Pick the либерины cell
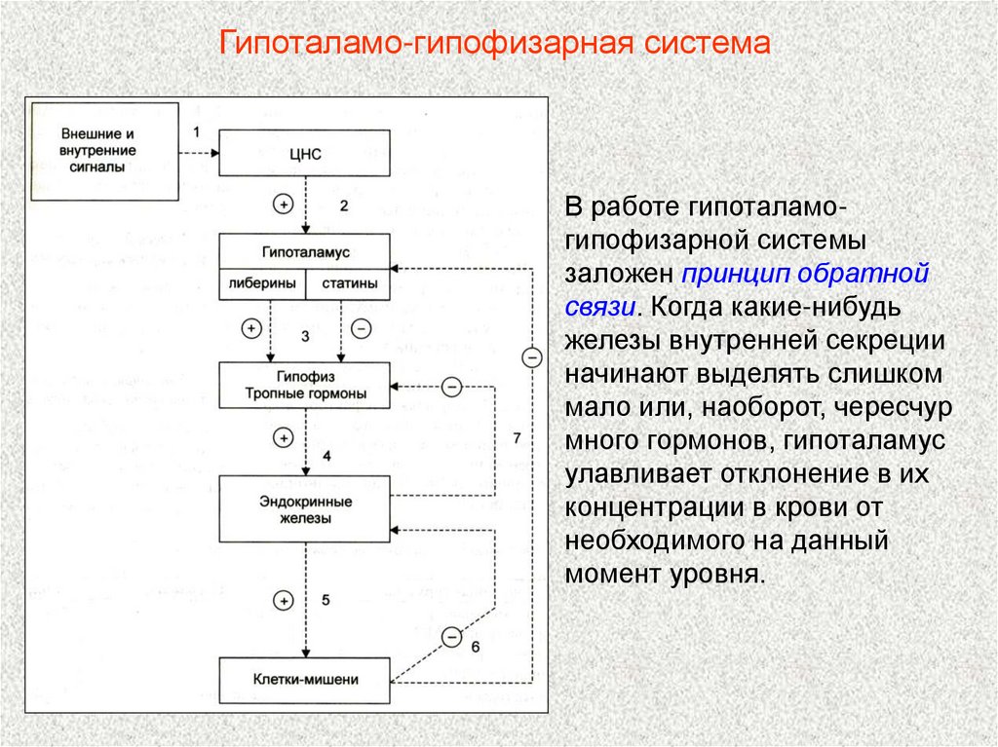[262, 284]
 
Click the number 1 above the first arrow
[196, 131]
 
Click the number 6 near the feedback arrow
[475, 647]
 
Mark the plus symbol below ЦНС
[283, 205]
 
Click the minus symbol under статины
[361, 329]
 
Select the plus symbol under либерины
[251, 329]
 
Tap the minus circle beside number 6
[451, 638]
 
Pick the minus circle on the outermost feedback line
[531, 357]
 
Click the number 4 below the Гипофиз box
[326, 456]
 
